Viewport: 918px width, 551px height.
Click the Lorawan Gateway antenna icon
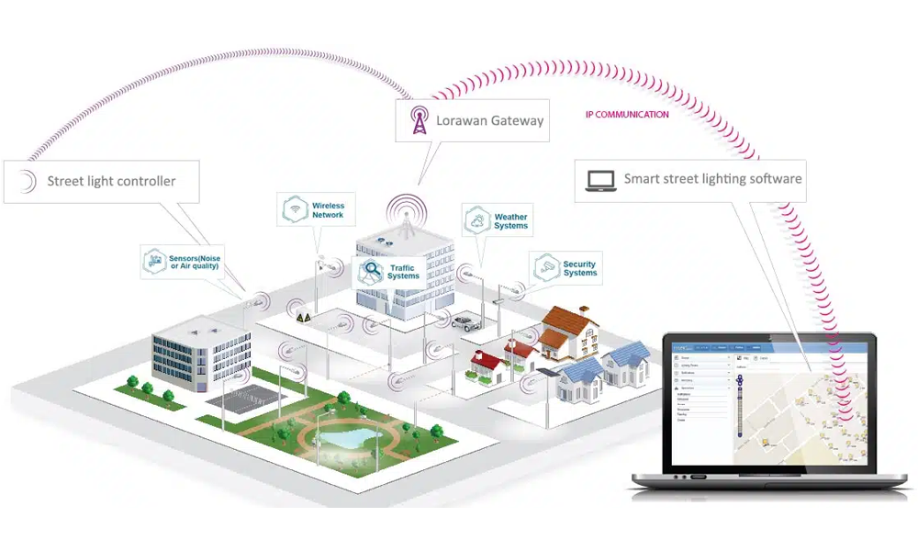419,121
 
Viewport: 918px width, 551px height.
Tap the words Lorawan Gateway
490,120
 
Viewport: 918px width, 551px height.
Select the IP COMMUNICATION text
627,115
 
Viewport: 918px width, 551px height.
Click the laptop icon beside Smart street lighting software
600,180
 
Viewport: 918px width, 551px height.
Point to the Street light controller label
111,181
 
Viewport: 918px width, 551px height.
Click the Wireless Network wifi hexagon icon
295,209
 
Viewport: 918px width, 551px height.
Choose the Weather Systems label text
510,221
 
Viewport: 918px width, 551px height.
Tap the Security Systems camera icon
548,267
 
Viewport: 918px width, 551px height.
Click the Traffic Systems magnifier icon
373,271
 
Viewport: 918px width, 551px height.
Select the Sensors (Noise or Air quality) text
195,261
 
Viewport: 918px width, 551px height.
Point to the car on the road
465,322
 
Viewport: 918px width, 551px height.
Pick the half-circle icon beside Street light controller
28,181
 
